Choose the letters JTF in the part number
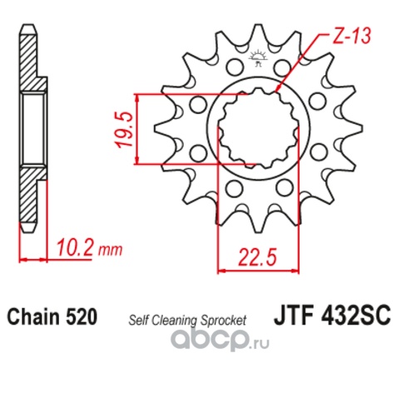tap(291, 317)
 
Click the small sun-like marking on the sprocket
tap(256, 59)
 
